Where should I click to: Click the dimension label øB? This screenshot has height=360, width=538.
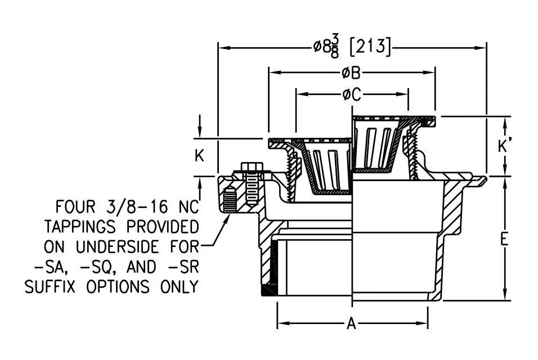coord(351,73)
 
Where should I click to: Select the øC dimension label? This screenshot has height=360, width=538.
coord(352,94)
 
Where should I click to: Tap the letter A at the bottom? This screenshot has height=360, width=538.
coord(351,323)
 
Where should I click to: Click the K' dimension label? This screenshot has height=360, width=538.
coord(504,146)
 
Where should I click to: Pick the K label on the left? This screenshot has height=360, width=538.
coord(199,156)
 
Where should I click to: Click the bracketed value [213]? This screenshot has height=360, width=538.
coord(370,46)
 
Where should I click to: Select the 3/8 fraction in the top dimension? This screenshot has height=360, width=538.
coord(335,47)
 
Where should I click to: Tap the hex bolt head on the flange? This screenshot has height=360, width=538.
coord(252,168)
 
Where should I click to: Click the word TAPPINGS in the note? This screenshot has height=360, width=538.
coord(79,227)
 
